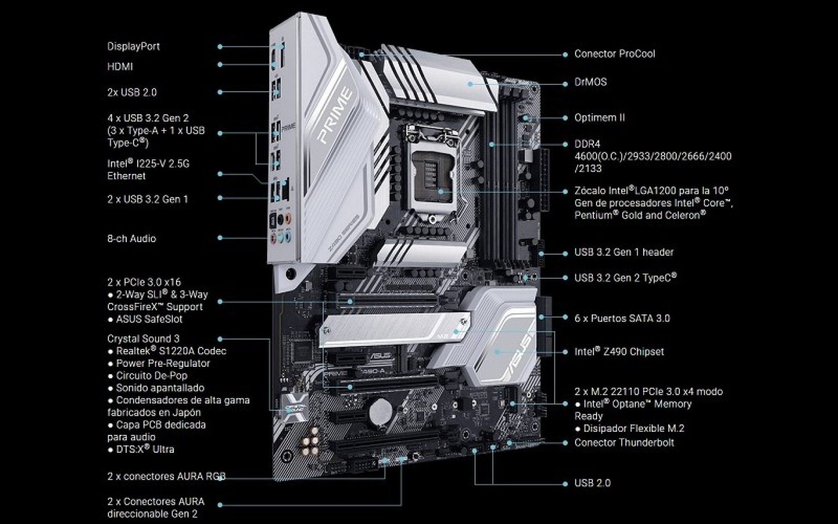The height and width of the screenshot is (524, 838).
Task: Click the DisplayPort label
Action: coord(133,46)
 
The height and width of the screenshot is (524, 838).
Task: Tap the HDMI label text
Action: coord(120,66)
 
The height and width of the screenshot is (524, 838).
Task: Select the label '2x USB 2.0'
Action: coord(132,92)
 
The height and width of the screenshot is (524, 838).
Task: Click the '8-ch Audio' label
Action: coord(131,238)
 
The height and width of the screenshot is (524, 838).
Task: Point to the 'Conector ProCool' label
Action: coord(614,54)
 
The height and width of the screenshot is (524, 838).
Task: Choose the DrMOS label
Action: coord(590,82)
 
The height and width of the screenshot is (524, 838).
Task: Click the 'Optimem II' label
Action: coord(599,117)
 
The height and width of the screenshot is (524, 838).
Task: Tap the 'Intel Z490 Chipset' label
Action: coord(619,351)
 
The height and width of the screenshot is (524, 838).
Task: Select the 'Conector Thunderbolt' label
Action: coord(624,442)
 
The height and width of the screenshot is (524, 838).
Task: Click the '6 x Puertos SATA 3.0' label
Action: coord(622,318)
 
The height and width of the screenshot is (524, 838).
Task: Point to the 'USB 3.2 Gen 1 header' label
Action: coord(624,252)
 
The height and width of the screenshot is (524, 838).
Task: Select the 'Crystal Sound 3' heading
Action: coord(143,339)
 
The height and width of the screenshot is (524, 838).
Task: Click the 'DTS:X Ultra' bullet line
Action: coord(145,449)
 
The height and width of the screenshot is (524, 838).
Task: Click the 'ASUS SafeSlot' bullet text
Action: coord(149,319)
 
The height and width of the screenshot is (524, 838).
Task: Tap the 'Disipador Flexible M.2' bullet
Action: coord(633,428)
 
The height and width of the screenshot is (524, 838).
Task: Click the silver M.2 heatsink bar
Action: coord(393,327)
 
